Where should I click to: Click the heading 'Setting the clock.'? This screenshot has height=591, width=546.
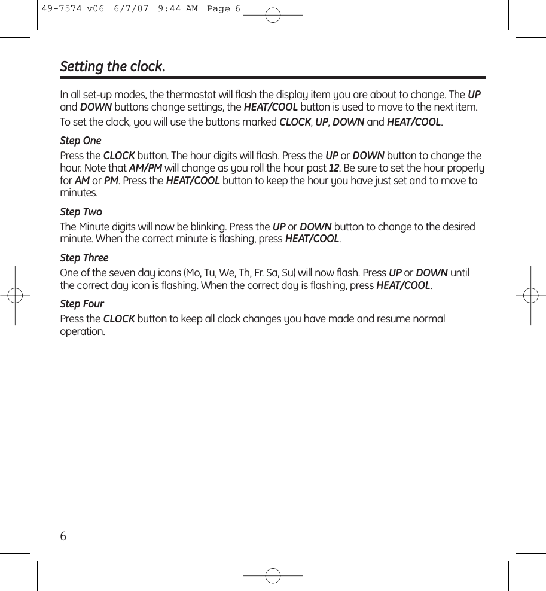pos(112,66)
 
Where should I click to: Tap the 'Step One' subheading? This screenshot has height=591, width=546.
pos(81,141)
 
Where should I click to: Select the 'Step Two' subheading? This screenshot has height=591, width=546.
pos(81,212)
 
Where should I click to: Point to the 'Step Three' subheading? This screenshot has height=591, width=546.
pos(84,258)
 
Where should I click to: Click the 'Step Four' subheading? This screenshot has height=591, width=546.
pos(82,304)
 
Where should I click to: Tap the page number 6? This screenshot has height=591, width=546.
pos(63,535)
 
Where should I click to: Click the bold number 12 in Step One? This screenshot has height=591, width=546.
pos(334,168)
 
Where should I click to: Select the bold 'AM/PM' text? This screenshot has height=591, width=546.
pos(145,168)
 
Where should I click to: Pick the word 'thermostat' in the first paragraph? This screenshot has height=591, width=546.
pos(200,95)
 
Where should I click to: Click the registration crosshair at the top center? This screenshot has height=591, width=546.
pos(273,15)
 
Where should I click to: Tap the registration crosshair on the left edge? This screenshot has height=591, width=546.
pos(15,295)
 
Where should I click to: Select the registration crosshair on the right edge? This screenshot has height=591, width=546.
pos(530,295)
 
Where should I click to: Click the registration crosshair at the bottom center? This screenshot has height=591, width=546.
pos(273,575)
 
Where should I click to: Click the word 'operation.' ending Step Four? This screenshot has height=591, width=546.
pos(83,332)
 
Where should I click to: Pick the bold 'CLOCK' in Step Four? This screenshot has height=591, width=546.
pos(119,319)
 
